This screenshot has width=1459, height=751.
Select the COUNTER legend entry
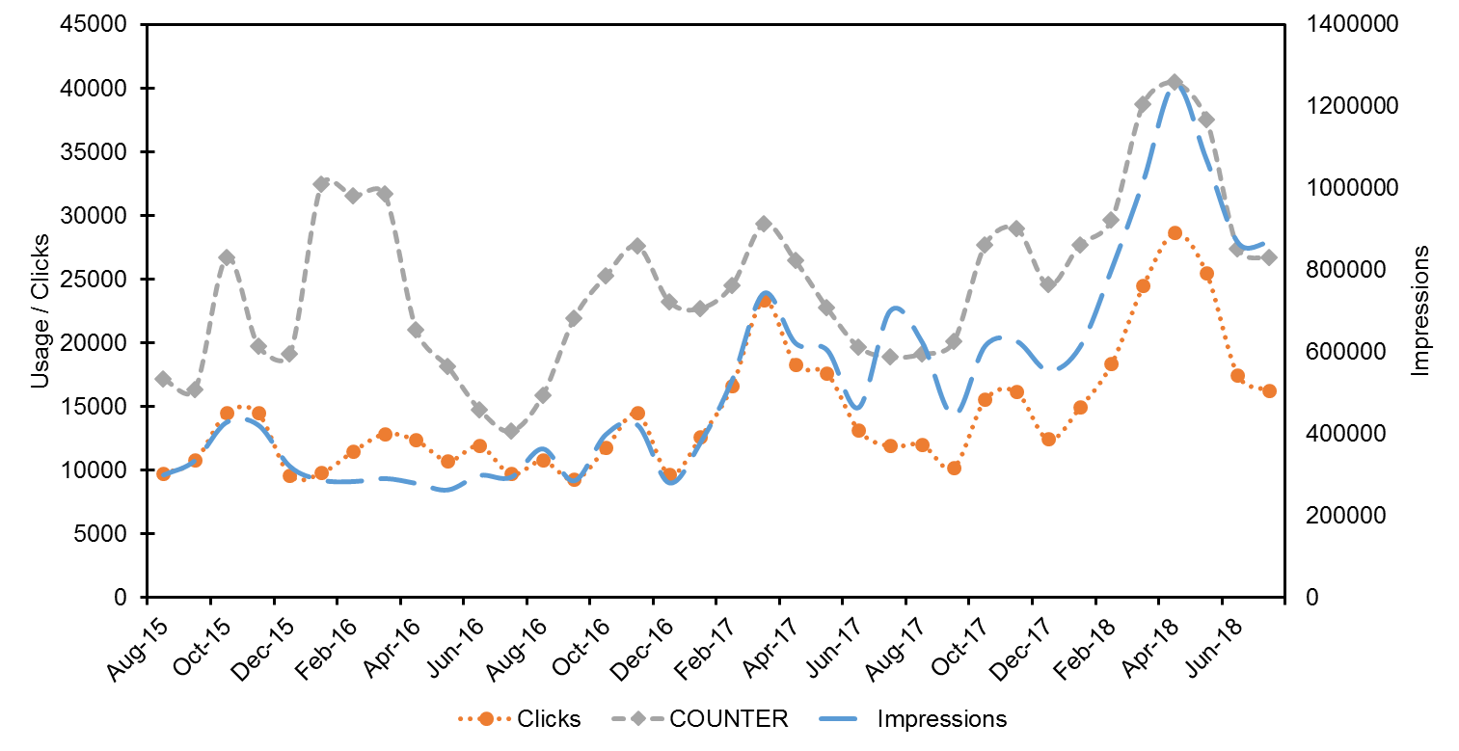pos(728,719)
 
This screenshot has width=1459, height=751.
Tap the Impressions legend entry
pos(941,719)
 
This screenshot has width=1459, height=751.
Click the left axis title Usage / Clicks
pos(40,309)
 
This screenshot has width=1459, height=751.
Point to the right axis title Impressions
pos(1420,309)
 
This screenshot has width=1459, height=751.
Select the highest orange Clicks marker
pos(1175,233)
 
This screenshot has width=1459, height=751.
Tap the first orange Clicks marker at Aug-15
pos(163,474)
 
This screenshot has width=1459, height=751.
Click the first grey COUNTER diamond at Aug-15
pos(163,379)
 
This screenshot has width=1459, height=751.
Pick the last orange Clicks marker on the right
pos(1269,390)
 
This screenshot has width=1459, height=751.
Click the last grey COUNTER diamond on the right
pos(1269,257)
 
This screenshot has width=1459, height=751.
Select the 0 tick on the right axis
pos(1311,598)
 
